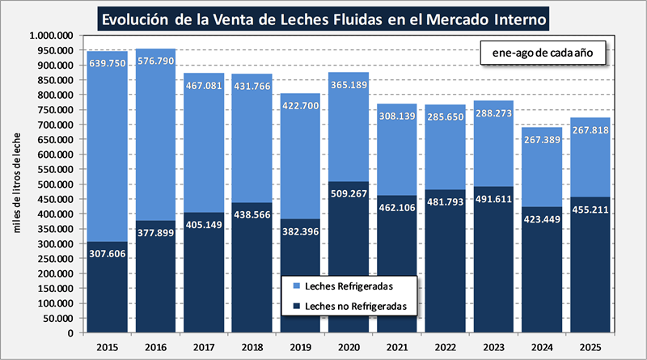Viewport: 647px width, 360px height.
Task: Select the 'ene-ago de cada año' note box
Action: click(537, 53)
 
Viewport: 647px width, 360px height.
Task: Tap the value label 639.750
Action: click(108, 62)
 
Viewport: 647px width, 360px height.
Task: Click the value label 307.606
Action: click(108, 253)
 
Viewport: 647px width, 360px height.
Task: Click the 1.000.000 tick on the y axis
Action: click(50, 36)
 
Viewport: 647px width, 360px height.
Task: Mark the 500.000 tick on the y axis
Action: click(56, 184)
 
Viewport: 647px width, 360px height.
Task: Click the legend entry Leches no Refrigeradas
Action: click(349, 307)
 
